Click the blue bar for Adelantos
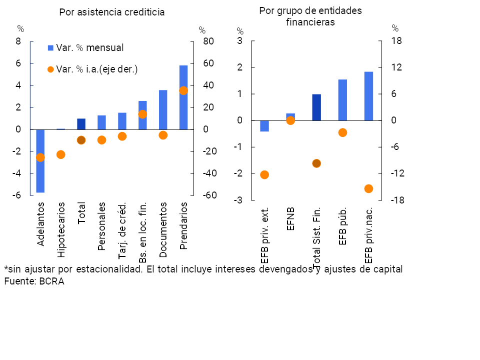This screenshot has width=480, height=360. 40,160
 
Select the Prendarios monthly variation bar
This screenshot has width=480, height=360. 183,97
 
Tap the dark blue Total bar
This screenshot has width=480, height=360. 81,124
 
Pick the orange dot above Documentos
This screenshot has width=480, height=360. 163,135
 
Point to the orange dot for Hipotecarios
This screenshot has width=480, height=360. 60,154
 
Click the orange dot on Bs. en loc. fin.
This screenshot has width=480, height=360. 142,114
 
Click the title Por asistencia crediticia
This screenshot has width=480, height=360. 111,12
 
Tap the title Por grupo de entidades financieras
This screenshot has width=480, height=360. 310,16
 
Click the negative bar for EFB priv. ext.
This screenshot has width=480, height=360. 264,126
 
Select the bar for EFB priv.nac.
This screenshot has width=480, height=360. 368,96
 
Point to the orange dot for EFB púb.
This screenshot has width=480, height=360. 342,132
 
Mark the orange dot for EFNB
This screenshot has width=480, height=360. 290,120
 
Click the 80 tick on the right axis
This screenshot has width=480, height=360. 208,41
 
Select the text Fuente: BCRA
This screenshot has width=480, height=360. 34,281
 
